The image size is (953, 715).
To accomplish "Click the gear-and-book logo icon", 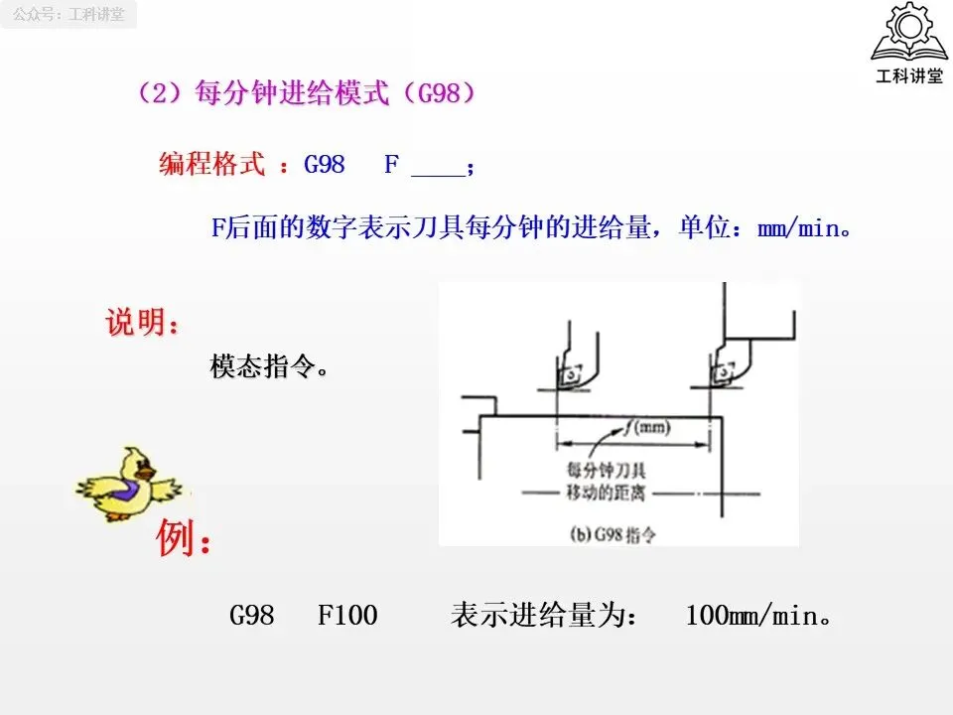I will click(x=907, y=34).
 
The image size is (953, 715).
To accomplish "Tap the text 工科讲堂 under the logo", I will click(x=907, y=76).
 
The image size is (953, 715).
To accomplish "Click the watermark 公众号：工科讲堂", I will click(x=68, y=15).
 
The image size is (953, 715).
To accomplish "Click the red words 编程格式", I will click(x=211, y=164).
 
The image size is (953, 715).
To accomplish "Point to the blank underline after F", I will click(x=437, y=167).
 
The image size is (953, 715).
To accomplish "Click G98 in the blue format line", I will click(x=325, y=164).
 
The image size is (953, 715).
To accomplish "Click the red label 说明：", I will click(x=143, y=323).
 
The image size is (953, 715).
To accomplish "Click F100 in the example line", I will click(x=347, y=616).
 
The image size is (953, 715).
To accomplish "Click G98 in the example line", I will click(x=252, y=616).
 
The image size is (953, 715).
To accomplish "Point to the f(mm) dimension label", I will click(x=647, y=428).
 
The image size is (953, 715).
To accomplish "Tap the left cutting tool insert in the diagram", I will click(x=570, y=375).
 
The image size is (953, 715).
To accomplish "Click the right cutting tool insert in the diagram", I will click(x=723, y=372).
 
